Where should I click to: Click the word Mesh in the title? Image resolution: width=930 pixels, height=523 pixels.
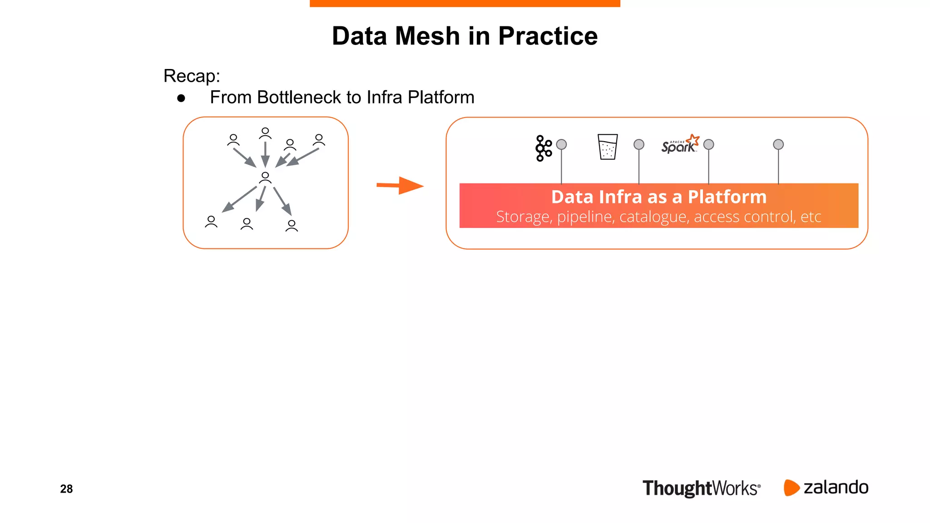point(427,36)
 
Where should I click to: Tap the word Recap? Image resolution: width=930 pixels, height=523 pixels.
point(191,76)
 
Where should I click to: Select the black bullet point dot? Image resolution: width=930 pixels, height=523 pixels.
point(181,98)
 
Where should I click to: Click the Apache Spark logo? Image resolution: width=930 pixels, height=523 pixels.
point(680,144)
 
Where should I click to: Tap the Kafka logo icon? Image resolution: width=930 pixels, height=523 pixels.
point(543,148)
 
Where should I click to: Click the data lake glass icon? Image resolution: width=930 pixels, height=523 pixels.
point(608,147)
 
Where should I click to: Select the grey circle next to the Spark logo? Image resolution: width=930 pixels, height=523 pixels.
point(708,144)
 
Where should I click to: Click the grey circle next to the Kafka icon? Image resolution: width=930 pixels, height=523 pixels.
point(561,144)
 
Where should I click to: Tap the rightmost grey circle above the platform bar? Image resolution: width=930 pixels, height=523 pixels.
point(778,144)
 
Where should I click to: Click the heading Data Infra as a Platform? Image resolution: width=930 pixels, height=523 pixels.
point(658,197)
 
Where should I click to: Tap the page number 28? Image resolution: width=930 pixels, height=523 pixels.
point(66,489)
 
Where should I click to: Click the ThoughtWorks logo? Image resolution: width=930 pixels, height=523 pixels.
point(701,488)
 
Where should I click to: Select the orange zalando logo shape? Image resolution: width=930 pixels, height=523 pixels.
point(791,488)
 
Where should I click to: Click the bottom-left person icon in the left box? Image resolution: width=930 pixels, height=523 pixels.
point(211,222)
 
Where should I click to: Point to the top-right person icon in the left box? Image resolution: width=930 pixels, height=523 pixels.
point(319,140)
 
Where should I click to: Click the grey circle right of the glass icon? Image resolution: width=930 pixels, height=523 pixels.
point(638,144)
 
